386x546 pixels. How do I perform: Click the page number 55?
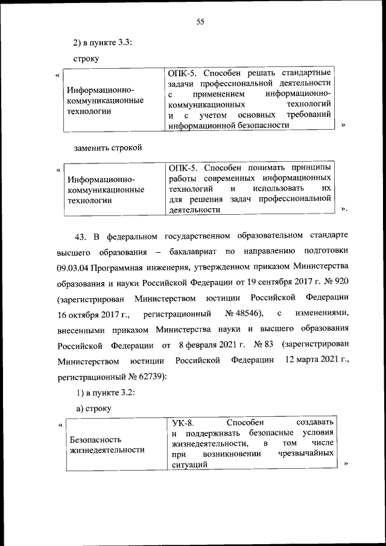point(201,22)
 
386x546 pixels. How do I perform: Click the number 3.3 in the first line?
point(124,43)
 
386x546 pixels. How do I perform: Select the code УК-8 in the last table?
point(183,423)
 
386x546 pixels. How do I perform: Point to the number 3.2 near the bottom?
point(124,393)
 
